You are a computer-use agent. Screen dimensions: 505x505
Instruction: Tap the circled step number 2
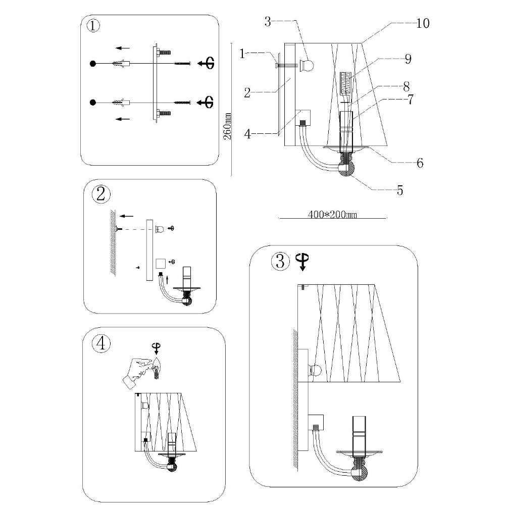pyautogui.click(x=101, y=193)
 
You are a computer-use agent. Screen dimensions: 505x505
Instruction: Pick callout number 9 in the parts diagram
pyautogui.click(x=408, y=59)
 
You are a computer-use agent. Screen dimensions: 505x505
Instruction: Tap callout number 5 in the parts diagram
pyautogui.click(x=399, y=191)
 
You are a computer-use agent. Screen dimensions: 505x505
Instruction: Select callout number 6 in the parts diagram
pyautogui.click(x=419, y=163)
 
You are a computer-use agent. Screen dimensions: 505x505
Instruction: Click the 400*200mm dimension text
pyautogui.click(x=332, y=214)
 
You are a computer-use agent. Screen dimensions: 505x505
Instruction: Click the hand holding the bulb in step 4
pyautogui.click(x=135, y=369)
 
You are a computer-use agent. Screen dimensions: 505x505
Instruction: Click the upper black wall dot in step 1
pyautogui.click(x=93, y=64)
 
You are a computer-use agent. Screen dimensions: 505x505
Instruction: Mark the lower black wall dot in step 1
pyautogui.click(x=93, y=103)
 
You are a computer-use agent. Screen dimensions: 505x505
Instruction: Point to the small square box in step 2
pyautogui.click(x=160, y=263)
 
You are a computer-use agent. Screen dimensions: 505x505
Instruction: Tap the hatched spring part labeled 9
pyautogui.click(x=346, y=82)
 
